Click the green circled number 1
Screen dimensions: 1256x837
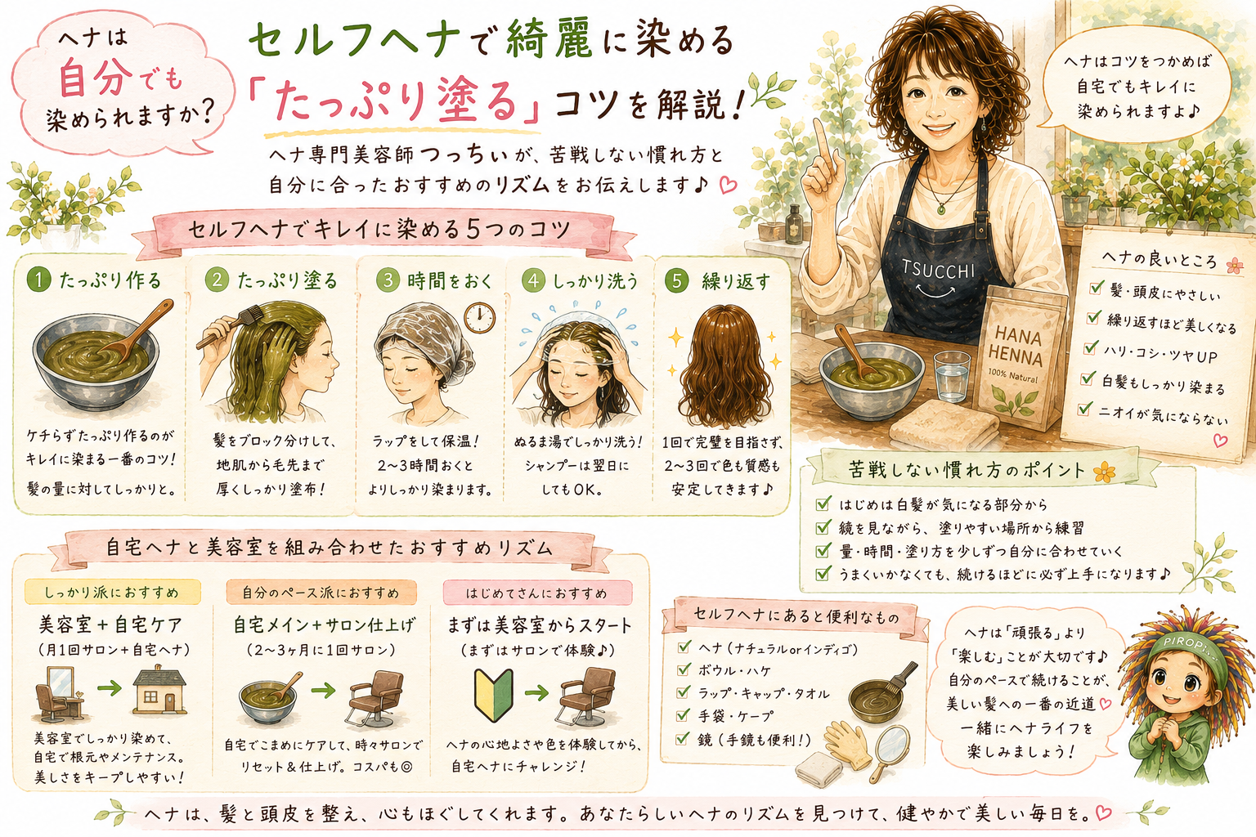coord(38,280)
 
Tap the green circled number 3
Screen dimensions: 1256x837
coord(388,280)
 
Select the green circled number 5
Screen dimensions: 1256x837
coord(677,280)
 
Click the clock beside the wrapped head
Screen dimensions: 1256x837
coord(479,318)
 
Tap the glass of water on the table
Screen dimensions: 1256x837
coord(952,376)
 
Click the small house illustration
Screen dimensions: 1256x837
coord(159,689)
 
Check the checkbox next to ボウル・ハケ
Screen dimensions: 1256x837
coord(684,670)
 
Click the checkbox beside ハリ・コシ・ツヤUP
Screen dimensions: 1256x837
coord(1089,348)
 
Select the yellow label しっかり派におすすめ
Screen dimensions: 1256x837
coord(112,592)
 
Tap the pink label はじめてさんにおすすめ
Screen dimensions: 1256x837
coord(537,593)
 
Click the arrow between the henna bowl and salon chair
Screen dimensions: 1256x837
coord(323,689)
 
